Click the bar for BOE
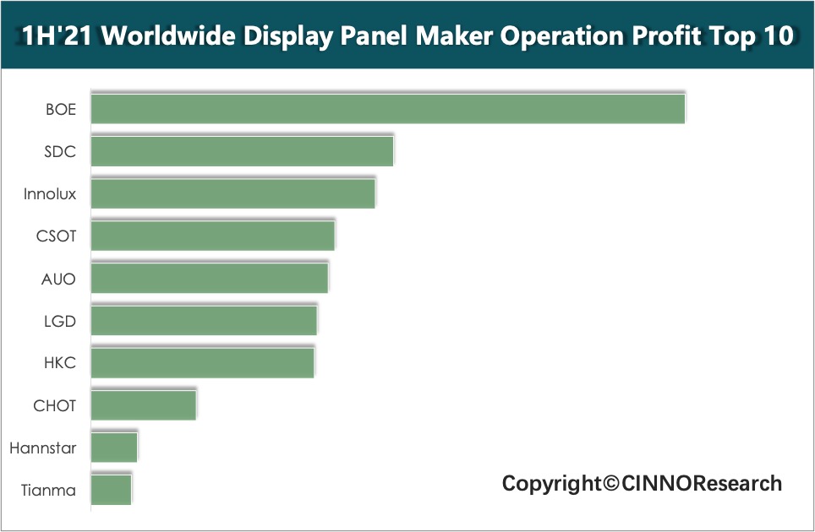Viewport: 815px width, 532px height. click(x=387, y=110)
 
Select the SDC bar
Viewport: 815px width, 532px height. click(x=242, y=151)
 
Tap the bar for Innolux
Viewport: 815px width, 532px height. click(x=232, y=193)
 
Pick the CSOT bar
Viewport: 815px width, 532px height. click(x=212, y=236)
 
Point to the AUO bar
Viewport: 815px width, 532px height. click(x=209, y=278)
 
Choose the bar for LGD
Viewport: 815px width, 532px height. click(x=204, y=321)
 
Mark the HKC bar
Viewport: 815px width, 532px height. click(x=202, y=362)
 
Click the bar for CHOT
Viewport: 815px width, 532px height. click(x=143, y=405)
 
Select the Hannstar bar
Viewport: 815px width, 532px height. click(x=113, y=448)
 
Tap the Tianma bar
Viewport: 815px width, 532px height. click(x=111, y=490)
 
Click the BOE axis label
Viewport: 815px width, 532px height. click(x=61, y=110)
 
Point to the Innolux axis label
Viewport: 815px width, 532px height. click(x=50, y=194)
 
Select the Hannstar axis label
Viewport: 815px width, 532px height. click(x=43, y=448)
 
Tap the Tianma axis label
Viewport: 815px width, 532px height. click(x=49, y=490)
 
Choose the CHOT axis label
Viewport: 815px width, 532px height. click(x=55, y=405)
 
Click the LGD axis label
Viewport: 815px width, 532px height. click(x=59, y=321)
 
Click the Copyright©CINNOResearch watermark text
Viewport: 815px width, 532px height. click(x=642, y=484)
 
